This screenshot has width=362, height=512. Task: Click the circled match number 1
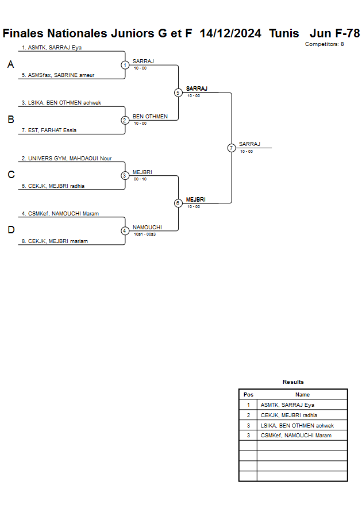(125, 65)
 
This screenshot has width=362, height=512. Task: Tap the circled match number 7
(232, 148)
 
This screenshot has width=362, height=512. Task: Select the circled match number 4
(125, 231)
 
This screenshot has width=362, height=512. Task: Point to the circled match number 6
(178, 203)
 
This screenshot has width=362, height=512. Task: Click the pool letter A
(10, 65)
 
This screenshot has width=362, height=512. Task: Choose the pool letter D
(10, 230)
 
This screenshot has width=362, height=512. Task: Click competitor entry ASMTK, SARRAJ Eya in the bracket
(52, 48)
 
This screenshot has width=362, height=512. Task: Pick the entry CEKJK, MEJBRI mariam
(55, 241)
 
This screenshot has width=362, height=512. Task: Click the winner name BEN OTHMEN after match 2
(150, 117)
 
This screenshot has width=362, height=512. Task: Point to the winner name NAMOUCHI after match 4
(147, 228)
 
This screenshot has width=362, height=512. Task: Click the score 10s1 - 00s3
(145, 234)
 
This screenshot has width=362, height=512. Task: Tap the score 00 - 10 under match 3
(140, 179)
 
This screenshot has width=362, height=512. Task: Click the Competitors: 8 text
(325, 44)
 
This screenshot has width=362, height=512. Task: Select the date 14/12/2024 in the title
(230, 33)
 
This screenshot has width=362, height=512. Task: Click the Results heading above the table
(293, 382)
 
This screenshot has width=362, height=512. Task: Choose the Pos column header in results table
(248, 395)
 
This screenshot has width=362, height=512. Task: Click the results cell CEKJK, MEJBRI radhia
(289, 415)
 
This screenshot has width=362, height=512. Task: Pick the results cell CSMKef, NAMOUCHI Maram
(296, 436)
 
